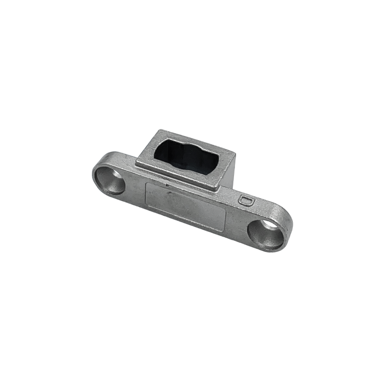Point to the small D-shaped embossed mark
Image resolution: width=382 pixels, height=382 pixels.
(245, 200)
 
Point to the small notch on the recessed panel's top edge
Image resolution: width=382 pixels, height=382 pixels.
(167, 185)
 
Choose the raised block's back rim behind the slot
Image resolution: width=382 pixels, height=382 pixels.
(191, 138)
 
